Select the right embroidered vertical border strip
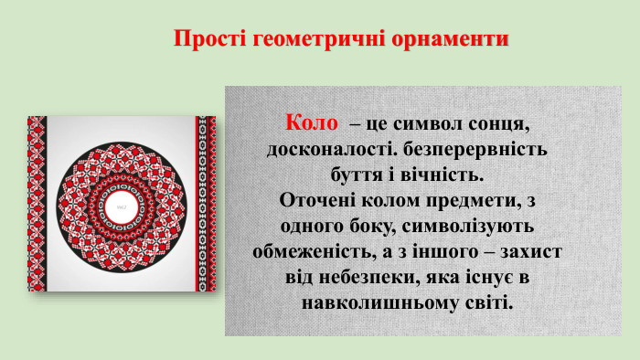point(202,204)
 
